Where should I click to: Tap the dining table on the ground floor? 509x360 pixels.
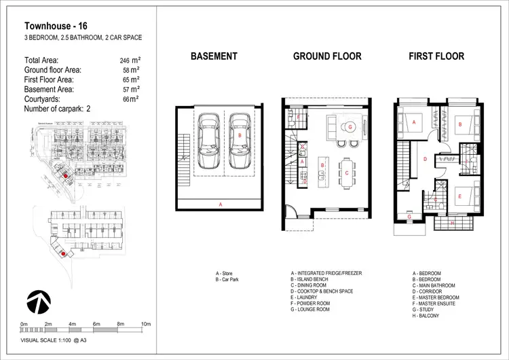[x=347, y=173]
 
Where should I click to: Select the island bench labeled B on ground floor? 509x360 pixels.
[x=322, y=165]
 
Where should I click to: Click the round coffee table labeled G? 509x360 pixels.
[x=350, y=127]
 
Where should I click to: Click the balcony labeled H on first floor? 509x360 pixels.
[x=453, y=223]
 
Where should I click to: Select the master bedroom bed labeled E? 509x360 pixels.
[x=459, y=197]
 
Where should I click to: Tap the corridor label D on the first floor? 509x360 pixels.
[x=424, y=160]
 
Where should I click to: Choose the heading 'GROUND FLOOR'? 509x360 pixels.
[x=327, y=56]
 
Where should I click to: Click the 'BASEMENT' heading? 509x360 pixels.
[x=214, y=56]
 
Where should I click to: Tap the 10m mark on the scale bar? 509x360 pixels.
[x=145, y=325]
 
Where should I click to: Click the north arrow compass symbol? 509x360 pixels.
[x=39, y=300]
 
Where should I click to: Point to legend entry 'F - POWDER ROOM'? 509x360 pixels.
[x=317, y=304]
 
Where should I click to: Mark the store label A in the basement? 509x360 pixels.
[x=219, y=204]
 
